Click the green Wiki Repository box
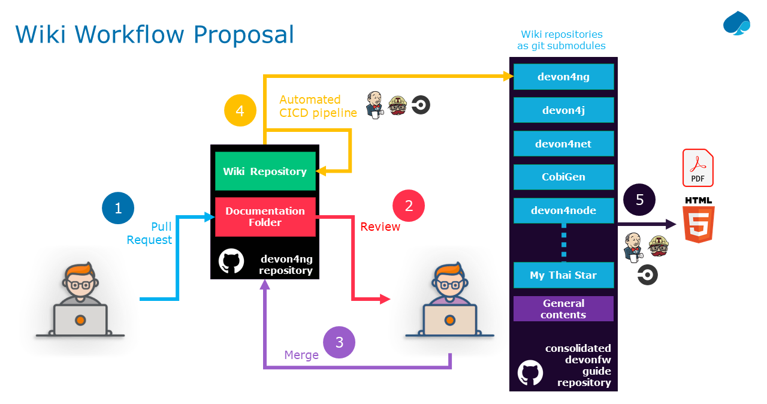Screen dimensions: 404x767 point(265,171)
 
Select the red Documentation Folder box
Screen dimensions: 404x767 point(265,216)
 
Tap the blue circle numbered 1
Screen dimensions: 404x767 point(118,208)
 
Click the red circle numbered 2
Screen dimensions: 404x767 point(409,206)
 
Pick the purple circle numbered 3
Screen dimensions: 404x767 point(339,342)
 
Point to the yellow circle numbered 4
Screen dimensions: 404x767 point(240,111)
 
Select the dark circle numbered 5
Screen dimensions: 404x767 point(639,200)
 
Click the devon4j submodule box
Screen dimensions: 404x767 point(563,110)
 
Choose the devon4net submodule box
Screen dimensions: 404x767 point(563,144)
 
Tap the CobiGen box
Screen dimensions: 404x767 point(563,177)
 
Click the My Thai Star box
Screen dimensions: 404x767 point(563,275)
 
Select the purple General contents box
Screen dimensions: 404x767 point(563,309)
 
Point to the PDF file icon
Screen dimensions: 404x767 point(698,168)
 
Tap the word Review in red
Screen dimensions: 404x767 point(380,227)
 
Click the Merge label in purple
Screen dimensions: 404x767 point(301,355)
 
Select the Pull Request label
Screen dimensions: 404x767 point(150,234)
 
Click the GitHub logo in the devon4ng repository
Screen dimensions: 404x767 point(231,263)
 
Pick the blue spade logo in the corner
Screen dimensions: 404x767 point(736,23)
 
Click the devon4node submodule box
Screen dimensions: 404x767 point(563,210)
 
